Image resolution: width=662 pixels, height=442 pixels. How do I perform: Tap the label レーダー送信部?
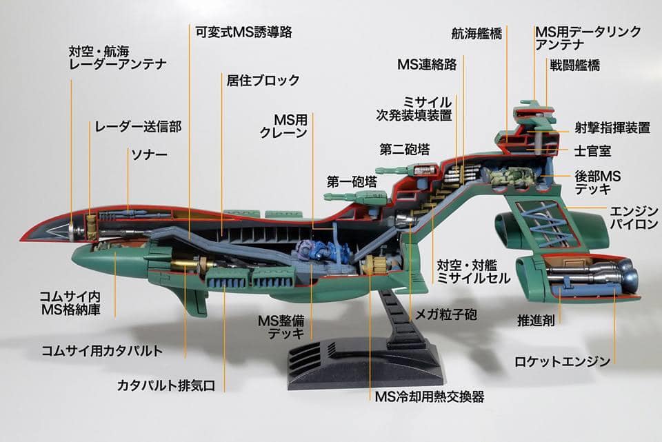[x=138, y=126]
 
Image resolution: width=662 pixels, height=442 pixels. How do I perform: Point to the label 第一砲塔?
[x=352, y=182]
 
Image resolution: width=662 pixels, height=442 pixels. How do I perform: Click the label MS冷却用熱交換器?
[x=429, y=396]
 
